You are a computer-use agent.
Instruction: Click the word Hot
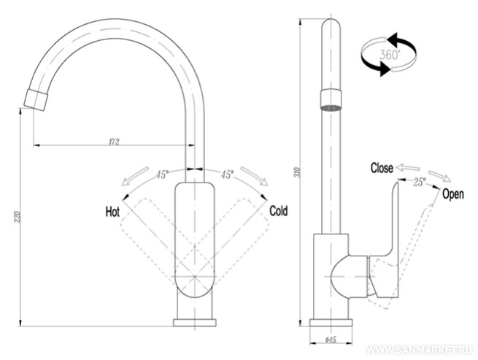click(112, 212)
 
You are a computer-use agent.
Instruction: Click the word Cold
click(279, 211)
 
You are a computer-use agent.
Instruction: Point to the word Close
click(382, 167)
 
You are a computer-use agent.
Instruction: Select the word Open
click(452, 194)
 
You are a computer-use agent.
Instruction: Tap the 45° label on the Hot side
click(162, 175)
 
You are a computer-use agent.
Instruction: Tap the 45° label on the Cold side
click(227, 175)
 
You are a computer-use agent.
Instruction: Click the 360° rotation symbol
click(388, 54)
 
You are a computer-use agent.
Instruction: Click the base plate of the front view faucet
click(195, 323)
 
